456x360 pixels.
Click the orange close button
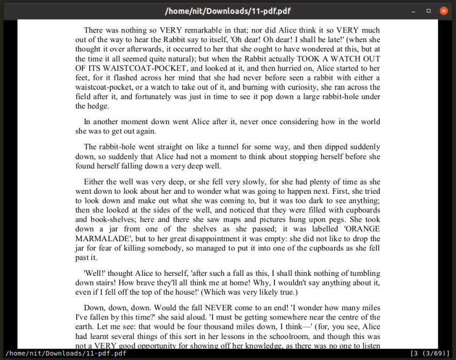click(444, 10)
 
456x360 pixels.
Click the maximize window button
click(428, 10)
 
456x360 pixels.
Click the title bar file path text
click(227, 10)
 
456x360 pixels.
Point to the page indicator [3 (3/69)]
click(430, 354)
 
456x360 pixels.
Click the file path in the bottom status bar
click(66, 354)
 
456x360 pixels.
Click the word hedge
click(98, 107)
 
